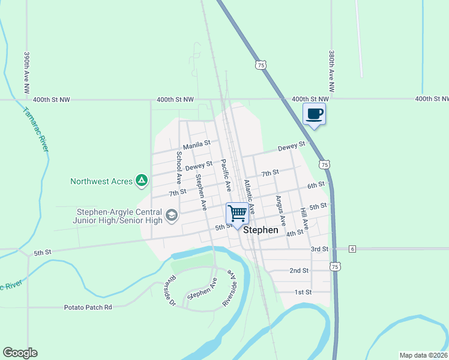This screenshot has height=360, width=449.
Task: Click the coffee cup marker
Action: point(314,113)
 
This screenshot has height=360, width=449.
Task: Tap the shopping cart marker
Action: point(237,214)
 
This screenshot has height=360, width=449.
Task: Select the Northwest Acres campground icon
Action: point(141,180)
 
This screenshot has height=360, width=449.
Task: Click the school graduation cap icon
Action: point(172,215)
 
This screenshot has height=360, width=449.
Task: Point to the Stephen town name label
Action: point(261,230)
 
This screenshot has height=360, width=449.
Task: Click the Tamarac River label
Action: point(35,130)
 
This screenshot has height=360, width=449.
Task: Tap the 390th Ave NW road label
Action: point(27,71)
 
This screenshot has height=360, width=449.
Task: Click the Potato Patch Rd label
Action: point(88,307)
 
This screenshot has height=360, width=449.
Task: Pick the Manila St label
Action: point(197,144)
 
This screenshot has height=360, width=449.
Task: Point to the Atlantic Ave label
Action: point(249,196)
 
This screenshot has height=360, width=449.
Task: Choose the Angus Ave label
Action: point(279,209)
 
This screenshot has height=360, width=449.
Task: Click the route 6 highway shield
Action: point(352,248)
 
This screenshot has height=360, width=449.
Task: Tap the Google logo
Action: point(20,353)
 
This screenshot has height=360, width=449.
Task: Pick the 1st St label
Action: point(303,292)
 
